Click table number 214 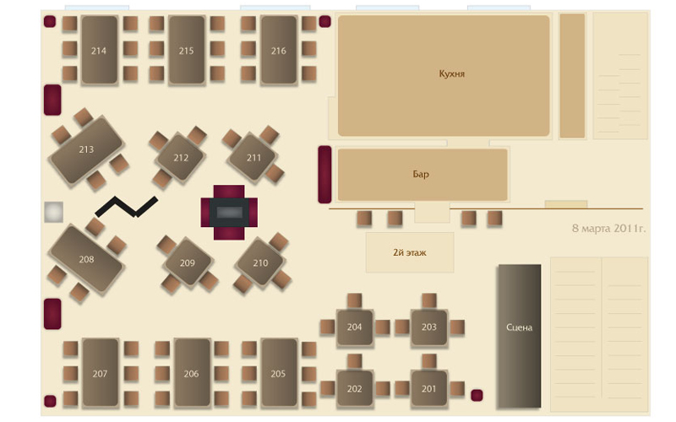pyautogui.click(x=99, y=51)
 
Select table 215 pyautogui.click(x=187, y=51)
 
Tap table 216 pyautogui.click(x=279, y=51)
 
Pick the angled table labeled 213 pyautogui.click(x=86, y=149)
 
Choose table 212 pyautogui.click(x=180, y=158)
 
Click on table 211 pyautogui.click(x=253, y=157)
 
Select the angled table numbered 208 pyautogui.click(x=86, y=259)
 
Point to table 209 pyautogui.click(x=187, y=263)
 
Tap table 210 pyautogui.click(x=260, y=262)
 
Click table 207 pyautogui.click(x=100, y=373)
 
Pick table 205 pyautogui.click(x=278, y=373)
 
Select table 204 pyautogui.click(x=354, y=327)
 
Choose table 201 pyautogui.click(x=428, y=388)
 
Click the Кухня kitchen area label pyautogui.click(x=452, y=74)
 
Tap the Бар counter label pyautogui.click(x=421, y=175)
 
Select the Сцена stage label pyautogui.click(x=519, y=327)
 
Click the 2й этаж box pyautogui.click(x=409, y=252)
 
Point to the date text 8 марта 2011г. pyautogui.click(x=608, y=228)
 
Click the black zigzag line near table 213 pyautogui.click(x=126, y=205)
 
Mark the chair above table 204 pyautogui.click(x=354, y=300)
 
